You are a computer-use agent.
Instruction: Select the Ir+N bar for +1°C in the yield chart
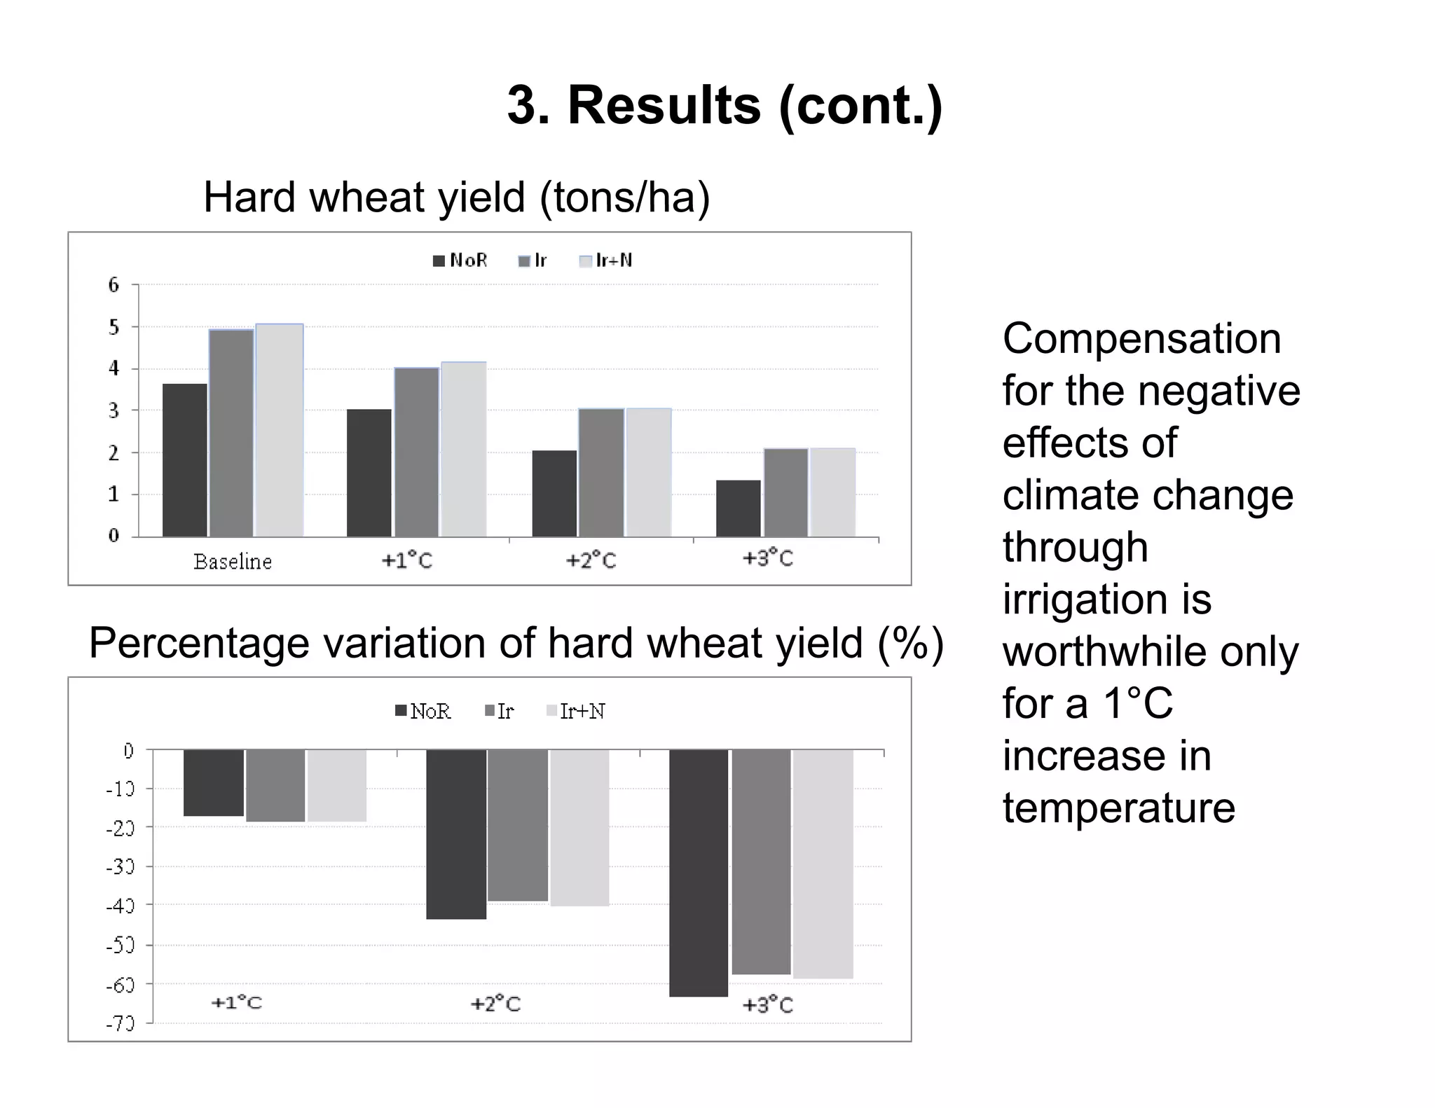[x=464, y=449]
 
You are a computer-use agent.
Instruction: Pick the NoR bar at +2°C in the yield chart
[x=554, y=493]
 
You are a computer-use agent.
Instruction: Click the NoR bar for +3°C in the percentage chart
[x=699, y=873]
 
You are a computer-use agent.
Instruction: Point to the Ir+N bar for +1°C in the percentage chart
[x=337, y=785]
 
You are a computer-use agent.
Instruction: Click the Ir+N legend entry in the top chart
[x=607, y=261]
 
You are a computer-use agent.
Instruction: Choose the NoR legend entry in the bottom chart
[x=423, y=712]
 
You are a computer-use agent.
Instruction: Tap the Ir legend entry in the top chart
[x=533, y=261]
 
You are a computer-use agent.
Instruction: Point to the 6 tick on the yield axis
[x=114, y=285]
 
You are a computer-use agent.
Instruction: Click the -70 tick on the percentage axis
[x=120, y=1024]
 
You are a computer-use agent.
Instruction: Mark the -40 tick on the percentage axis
[x=120, y=906]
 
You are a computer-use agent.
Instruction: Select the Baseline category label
[x=233, y=562]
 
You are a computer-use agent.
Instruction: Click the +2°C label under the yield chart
[x=591, y=561]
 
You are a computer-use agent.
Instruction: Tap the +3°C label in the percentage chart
[x=767, y=1005]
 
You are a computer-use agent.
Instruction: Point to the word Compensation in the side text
[x=1141, y=339]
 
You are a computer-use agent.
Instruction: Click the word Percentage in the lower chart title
[x=199, y=643]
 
